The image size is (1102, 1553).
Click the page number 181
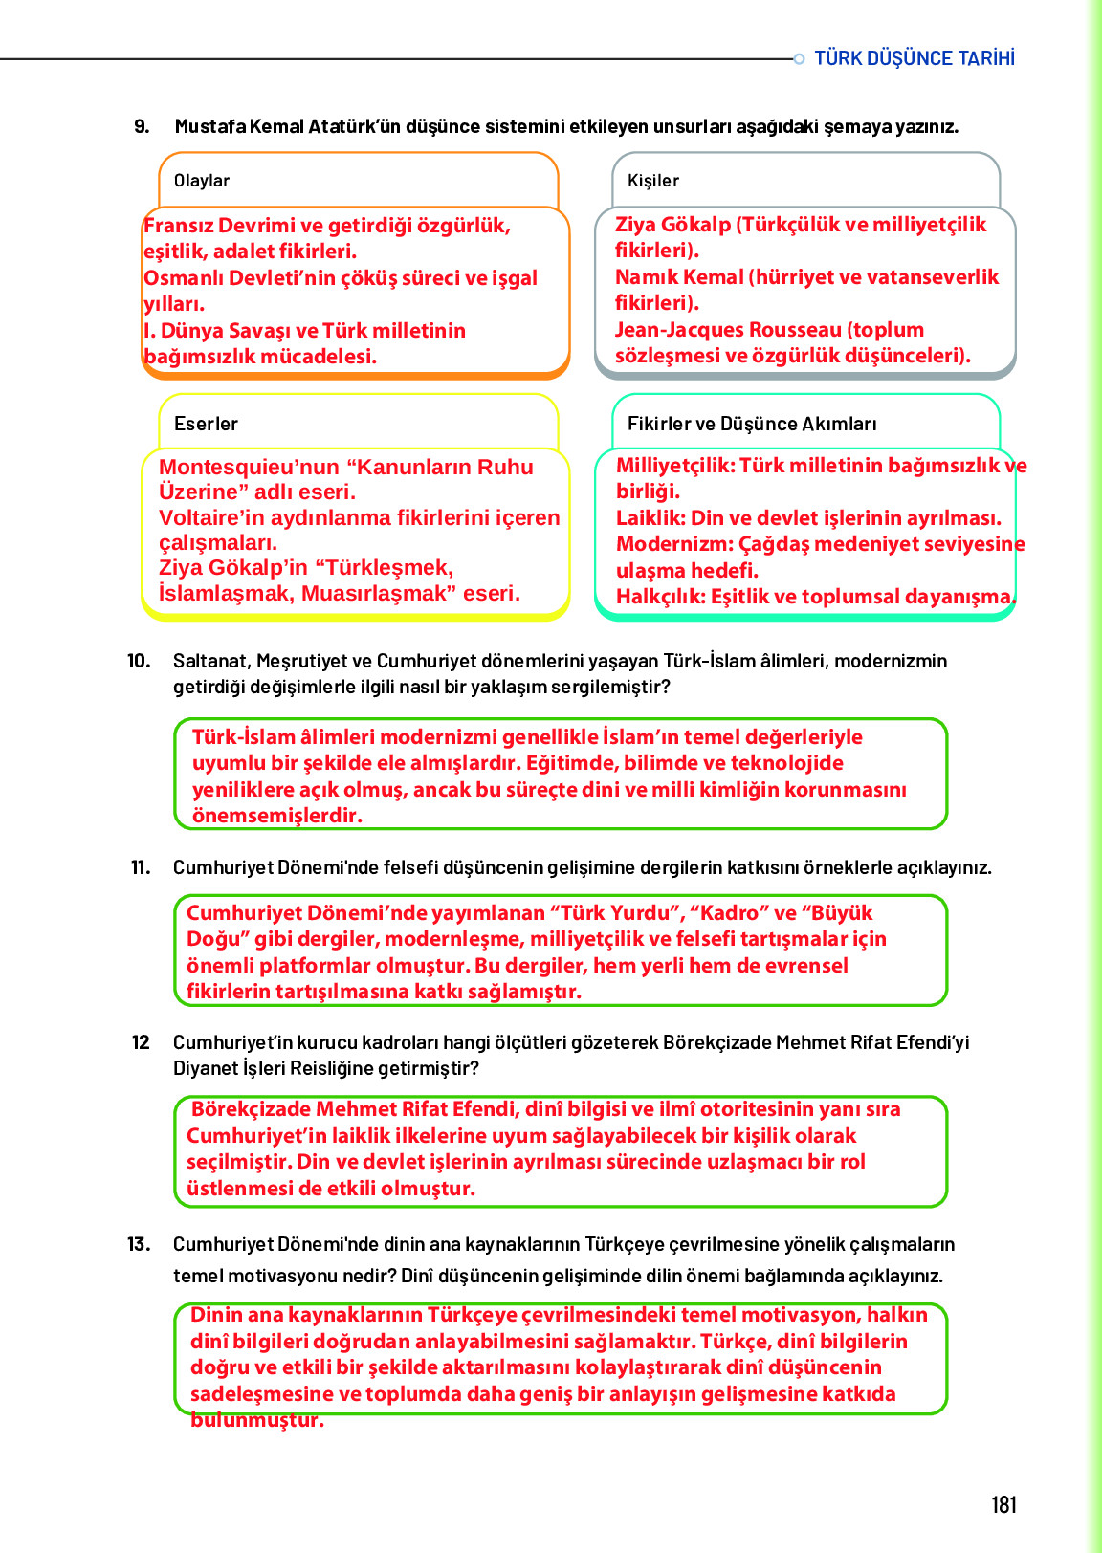[x=1003, y=1505]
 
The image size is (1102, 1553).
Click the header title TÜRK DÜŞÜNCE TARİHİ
[x=915, y=58]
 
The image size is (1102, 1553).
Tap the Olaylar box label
[x=202, y=181]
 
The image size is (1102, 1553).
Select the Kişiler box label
[x=653, y=181]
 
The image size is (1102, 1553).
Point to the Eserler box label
[x=206, y=424]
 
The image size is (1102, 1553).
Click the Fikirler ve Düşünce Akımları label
[x=752, y=424]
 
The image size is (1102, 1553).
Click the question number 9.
[x=142, y=126]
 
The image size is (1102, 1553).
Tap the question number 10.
[x=139, y=661]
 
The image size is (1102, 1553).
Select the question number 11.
[x=141, y=867]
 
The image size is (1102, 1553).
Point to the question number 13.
[x=139, y=1244]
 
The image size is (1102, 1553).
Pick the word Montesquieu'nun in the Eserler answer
[x=249, y=467]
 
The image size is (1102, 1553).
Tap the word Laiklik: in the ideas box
[x=650, y=518]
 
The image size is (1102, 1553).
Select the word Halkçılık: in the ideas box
[x=661, y=597]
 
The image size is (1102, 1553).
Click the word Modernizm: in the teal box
[x=674, y=544]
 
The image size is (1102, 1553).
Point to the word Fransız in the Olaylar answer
[x=178, y=226]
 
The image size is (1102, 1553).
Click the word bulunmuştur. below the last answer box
[x=257, y=1420]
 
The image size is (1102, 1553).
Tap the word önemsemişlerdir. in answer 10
[x=277, y=816]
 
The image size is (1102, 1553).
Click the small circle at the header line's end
[x=799, y=59]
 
